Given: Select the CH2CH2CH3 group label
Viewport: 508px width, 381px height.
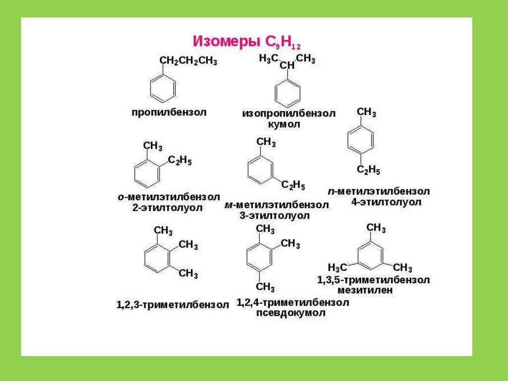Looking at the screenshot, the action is pos(188,61).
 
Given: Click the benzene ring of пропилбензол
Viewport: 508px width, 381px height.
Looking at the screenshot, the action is pos(163,88).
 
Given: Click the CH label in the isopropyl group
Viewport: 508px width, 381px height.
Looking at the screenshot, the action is pos(287,66).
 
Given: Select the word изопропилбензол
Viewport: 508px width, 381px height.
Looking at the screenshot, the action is pos(289,114).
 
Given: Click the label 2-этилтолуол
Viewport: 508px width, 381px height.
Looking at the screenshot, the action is pos(167,208).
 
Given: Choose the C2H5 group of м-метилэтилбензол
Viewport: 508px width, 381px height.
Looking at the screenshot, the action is pos(293,185).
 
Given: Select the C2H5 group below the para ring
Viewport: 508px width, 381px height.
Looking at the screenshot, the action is pos(369,170).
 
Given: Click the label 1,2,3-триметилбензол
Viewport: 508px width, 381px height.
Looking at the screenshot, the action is pos(173,305).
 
